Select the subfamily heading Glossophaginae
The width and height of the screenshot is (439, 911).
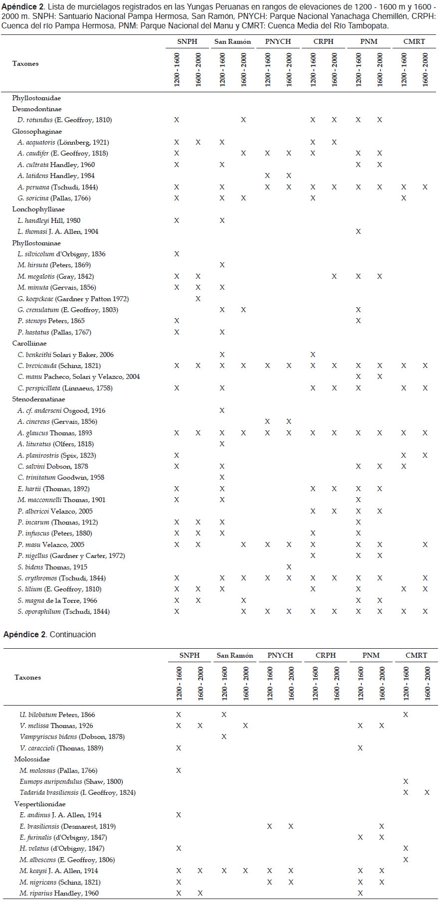point(37,132)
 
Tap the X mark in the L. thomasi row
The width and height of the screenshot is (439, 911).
point(358,231)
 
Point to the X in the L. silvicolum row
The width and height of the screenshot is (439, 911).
point(177,254)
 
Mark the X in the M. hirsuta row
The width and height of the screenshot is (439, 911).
point(222,265)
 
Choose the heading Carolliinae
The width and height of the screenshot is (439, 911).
point(29,344)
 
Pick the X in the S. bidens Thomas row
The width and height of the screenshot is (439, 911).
point(289,567)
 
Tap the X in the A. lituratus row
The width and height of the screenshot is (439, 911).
point(222,444)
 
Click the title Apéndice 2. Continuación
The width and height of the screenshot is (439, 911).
point(49,634)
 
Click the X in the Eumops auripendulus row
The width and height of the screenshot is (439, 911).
point(406,781)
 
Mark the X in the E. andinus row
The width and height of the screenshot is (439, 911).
point(179,815)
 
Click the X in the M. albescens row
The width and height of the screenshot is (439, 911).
point(406,860)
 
